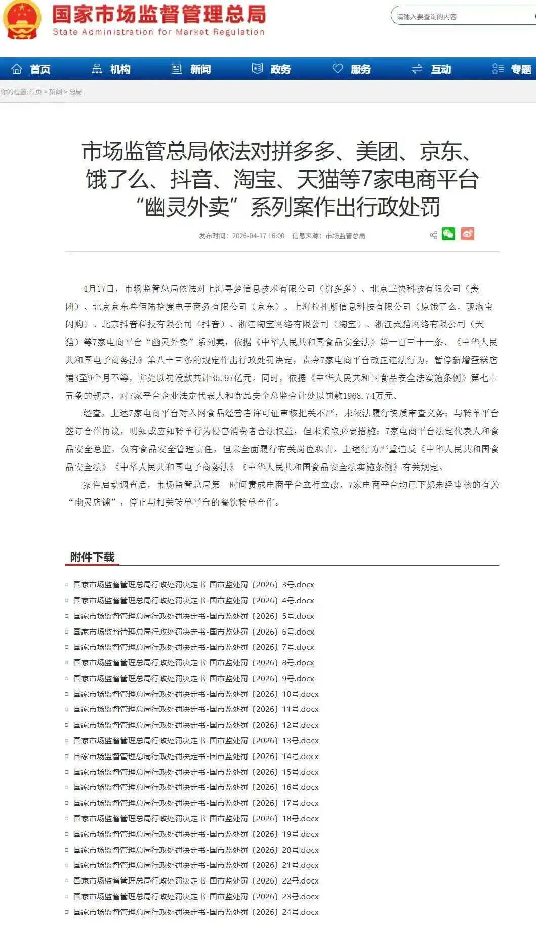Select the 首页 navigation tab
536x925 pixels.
(x=31, y=69)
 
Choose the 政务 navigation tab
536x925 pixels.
(x=272, y=69)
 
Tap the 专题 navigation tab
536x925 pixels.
(x=512, y=69)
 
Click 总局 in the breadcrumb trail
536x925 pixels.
(x=75, y=92)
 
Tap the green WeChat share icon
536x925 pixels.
(x=448, y=234)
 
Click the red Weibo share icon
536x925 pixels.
(x=467, y=234)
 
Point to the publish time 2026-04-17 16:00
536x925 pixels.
(x=258, y=236)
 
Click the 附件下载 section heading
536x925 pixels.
(x=92, y=557)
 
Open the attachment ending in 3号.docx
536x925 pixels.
(x=193, y=585)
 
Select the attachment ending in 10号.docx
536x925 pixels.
(x=196, y=694)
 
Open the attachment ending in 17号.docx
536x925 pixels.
(x=196, y=803)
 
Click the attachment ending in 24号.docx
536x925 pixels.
(x=196, y=912)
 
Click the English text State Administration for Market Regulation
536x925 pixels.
(x=158, y=32)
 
